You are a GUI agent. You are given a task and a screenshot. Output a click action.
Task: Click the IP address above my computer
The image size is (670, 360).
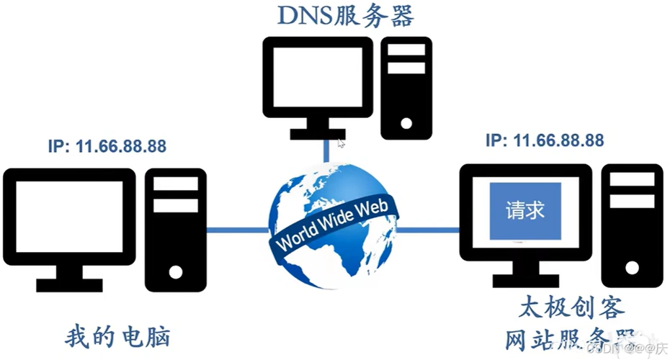click(107, 147)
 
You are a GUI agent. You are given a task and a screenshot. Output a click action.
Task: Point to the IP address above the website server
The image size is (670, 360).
click(545, 139)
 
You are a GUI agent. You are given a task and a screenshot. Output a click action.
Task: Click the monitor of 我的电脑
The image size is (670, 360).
click(69, 216)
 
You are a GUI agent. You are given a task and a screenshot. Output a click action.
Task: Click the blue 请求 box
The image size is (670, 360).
click(525, 210)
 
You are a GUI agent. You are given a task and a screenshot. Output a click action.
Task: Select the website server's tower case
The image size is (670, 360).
click(632, 223)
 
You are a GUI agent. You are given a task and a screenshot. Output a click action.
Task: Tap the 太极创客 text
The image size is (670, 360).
click(571, 307)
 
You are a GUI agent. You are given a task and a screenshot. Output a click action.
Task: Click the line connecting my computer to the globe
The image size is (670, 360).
click(238, 230)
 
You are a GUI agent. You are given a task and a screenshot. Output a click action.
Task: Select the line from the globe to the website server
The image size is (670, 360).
click(429, 230)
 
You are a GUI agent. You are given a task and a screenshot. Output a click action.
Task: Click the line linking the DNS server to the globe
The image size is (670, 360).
click(326, 151)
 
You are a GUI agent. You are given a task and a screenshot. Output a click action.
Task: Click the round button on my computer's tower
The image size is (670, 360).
click(176, 271)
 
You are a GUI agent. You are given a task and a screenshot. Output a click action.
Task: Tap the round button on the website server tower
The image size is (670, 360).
click(632, 267)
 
